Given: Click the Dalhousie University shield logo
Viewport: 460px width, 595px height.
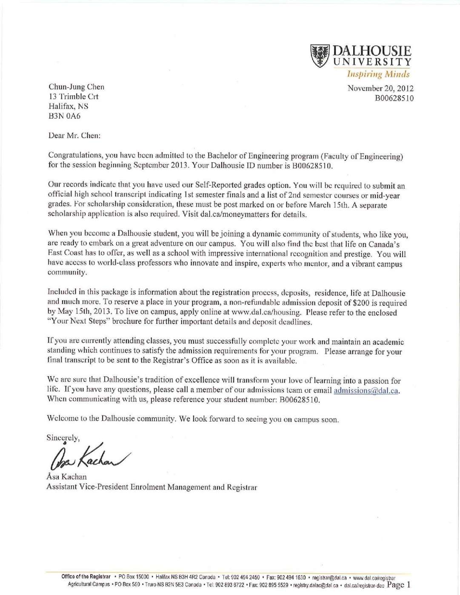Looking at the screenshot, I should pyautogui.click(x=320, y=56).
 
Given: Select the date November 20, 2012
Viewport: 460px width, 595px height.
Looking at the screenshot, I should pyautogui.click(x=380, y=88).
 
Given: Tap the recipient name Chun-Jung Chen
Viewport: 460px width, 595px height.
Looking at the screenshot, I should pyautogui.click(x=76, y=87).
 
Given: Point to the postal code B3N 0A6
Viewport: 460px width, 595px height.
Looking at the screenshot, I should pyautogui.click(x=64, y=116).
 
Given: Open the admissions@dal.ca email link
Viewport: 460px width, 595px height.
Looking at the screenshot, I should pyautogui.click(x=366, y=390).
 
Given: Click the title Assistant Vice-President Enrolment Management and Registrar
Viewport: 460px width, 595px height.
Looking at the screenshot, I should pyautogui.click(x=151, y=487).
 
